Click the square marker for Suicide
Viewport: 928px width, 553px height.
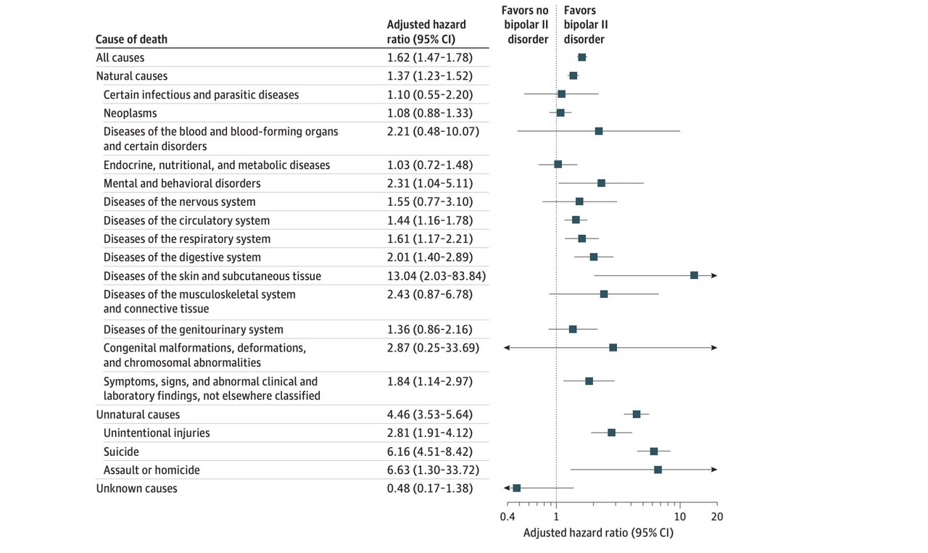(x=653, y=451)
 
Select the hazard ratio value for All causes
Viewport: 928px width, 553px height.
(x=430, y=57)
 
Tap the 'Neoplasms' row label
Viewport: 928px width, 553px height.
(x=130, y=113)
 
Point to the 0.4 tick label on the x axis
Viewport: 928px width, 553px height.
(x=507, y=517)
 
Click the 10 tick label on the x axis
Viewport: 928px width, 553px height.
(x=680, y=517)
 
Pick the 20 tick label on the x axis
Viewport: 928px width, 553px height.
(x=717, y=517)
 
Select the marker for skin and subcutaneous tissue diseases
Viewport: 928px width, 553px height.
(x=694, y=275)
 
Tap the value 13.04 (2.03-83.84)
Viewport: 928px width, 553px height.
(x=436, y=276)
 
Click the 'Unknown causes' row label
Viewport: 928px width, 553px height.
(x=136, y=488)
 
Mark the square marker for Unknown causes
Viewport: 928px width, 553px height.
(x=516, y=488)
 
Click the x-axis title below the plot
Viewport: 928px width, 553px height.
(x=598, y=533)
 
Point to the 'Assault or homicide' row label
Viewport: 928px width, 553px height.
(x=152, y=470)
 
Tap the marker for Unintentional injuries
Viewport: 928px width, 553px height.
(x=611, y=433)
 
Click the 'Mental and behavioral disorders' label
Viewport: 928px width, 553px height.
(x=182, y=183)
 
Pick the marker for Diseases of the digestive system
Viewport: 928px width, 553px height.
(x=593, y=257)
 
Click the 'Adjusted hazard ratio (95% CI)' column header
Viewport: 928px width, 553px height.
(x=426, y=32)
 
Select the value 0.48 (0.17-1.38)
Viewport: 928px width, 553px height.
(x=430, y=488)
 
